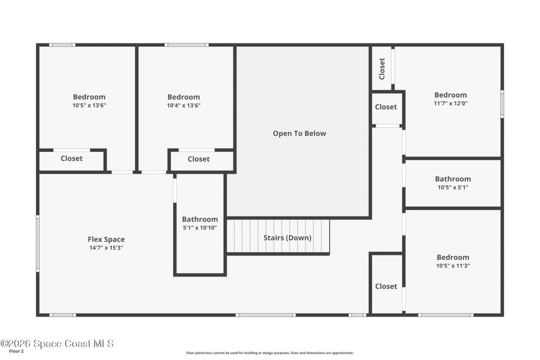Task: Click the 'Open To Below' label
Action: click(x=299, y=133)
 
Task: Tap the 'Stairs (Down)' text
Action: click(x=287, y=238)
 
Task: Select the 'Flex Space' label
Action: click(x=106, y=239)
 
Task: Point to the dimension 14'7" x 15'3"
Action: click(x=106, y=248)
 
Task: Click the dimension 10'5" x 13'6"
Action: click(x=89, y=105)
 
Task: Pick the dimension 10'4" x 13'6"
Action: click(x=184, y=105)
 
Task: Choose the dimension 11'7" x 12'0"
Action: click(x=451, y=103)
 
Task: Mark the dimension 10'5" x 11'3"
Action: click(x=453, y=265)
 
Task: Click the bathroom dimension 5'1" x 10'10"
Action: click(x=200, y=227)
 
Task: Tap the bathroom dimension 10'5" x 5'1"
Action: click(x=453, y=187)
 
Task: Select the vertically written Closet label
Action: click(x=382, y=68)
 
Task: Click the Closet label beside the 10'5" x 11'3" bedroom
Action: click(x=386, y=286)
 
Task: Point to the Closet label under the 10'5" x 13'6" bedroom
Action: click(x=72, y=158)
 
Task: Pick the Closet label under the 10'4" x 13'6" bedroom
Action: click(x=198, y=159)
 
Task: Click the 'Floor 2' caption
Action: click(x=16, y=351)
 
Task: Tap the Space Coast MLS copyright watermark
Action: click(x=57, y=344)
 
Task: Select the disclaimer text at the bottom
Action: click(x=270, y=353)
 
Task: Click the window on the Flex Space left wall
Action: click(x=38, y=243)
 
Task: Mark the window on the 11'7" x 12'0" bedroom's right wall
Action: click(x=502, y=104)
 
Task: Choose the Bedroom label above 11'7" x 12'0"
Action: click(x=451, y=95)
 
